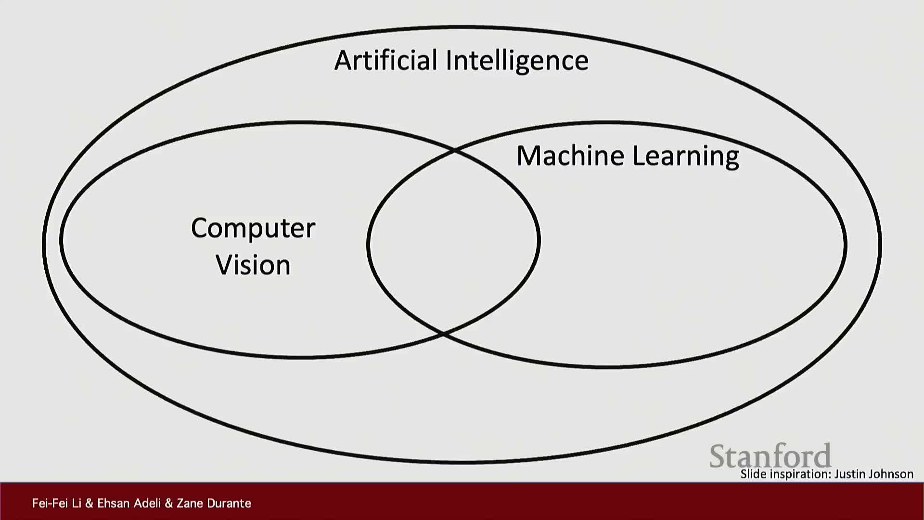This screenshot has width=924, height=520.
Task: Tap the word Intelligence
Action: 517,61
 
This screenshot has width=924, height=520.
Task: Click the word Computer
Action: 253,228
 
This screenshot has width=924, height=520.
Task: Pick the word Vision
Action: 253,265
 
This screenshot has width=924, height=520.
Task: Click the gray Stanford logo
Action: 770,455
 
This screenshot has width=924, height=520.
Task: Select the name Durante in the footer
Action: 228,503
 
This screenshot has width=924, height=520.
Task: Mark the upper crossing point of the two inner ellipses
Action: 454,151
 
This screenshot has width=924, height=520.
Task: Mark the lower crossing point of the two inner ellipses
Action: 443,333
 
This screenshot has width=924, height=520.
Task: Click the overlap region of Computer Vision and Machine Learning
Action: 452,241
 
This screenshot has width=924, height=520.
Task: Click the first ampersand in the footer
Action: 89,503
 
